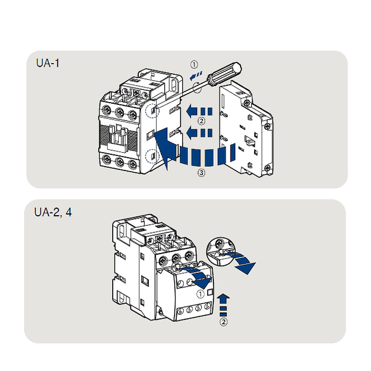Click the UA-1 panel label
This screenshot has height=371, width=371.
point(48,64)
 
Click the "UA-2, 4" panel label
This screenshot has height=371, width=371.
point(53,212)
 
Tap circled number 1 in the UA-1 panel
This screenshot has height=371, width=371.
point(194,64)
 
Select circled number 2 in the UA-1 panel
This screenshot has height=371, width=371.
point(201,122)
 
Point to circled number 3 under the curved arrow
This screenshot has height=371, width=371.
point(201,173)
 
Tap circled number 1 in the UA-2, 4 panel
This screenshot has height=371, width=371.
point(200,294)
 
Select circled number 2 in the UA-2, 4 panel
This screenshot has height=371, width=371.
point(224,322)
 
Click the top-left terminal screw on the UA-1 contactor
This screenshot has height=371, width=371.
point(106,111)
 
